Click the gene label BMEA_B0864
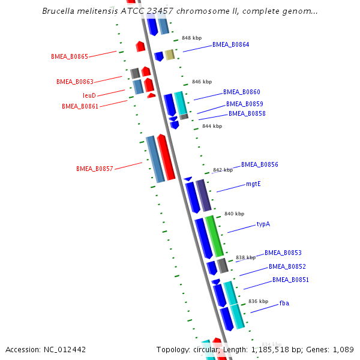pos(230,44)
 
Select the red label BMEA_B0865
pos(70,56)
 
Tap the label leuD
pos(89,95)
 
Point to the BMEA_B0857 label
pos(95,169)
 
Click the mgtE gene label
pos(253,184)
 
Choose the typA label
pos(263,224)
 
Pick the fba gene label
pos(284,304)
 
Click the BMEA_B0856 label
pos(260,164)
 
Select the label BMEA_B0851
pos(291,280)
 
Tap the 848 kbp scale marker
pos(191,37)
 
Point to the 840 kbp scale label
pos(234,214)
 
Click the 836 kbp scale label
pos(258,301)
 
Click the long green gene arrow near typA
pos(214,236)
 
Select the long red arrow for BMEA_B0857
pos(166,157)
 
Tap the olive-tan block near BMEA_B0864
pos(170,55)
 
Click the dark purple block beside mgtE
pos(203,195)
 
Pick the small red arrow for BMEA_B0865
pos(140,46)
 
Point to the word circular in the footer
pos(206,349)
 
